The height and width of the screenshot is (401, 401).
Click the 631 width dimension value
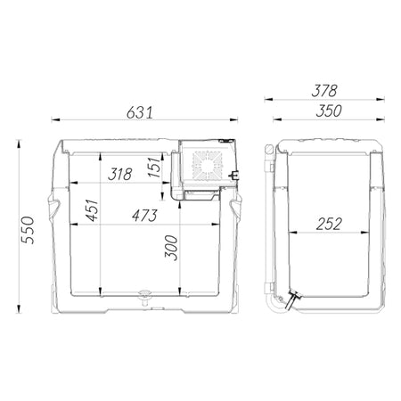point(140,113)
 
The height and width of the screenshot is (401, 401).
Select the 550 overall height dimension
point(28,230)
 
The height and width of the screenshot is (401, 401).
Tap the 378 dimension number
point(324,91)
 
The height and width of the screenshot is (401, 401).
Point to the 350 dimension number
point(329,110)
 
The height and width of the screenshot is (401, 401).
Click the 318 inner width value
point(120,175)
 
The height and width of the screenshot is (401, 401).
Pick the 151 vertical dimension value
point(154,168)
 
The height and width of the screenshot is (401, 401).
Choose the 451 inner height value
point(92,210)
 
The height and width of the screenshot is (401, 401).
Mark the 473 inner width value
point(144,216)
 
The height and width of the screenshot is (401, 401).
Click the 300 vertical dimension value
point(171,248)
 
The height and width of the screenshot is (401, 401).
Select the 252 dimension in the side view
point(329,224)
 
